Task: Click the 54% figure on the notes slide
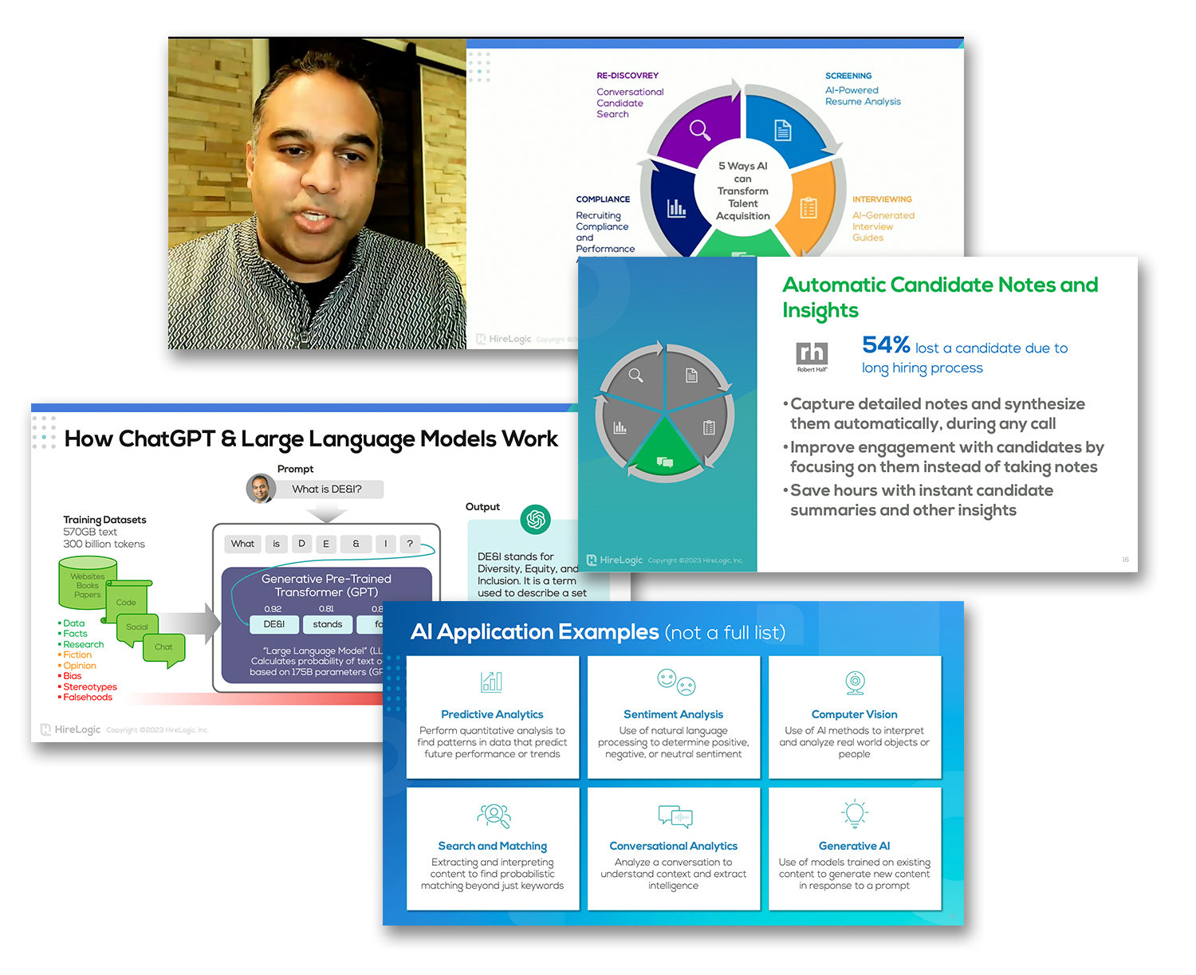coord(886,345)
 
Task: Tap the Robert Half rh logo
coord(812,353)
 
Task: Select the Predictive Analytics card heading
coord(492,714)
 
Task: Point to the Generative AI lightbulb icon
coord(855,813)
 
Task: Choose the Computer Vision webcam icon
coord(855,682)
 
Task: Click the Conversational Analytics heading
coord(673,846)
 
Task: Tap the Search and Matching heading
coord(492,846)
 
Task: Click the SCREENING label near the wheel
coord(848,76)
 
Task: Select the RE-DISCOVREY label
coord(628,76)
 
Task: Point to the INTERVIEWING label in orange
coord(882,199)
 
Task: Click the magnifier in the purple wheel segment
coord(700,130)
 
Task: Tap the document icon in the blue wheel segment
coord(783,130)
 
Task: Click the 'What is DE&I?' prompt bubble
coord(327,489)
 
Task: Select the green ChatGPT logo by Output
coord(536,520)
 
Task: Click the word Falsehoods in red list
coord(88,698)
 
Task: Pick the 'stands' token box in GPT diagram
coord(327,624)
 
